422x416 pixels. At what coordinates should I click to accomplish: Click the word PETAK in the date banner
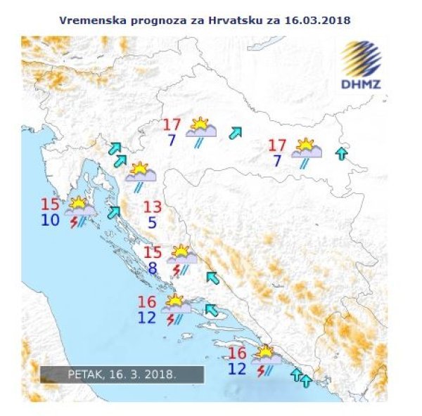[x=84, y=375]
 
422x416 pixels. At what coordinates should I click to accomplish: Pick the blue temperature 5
[x=152, y=223]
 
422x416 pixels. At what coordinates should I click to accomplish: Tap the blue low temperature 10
[x=50, y=221]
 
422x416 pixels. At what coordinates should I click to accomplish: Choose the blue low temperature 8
[x=153, y=268]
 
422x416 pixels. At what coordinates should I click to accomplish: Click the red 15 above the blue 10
[x=50, y=205]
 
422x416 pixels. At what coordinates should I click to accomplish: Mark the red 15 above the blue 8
[x=153, y=252]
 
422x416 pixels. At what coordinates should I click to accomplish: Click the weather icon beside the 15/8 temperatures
[x=181, y=257]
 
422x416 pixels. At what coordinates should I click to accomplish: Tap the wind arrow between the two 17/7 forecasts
[x=236, y=132]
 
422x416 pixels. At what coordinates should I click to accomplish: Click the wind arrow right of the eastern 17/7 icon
[x=342, y=152]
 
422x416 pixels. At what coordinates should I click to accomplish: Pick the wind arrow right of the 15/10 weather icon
[x=113, y=212]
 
